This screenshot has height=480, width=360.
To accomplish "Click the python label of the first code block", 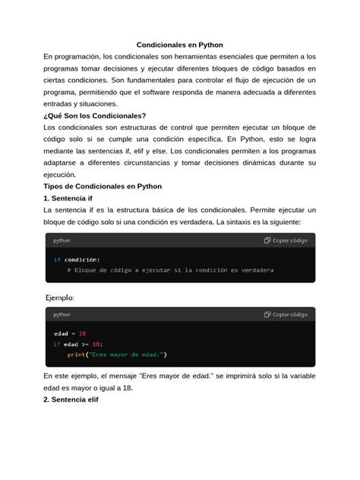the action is [62, 240].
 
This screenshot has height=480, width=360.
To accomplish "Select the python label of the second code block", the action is [62, 314].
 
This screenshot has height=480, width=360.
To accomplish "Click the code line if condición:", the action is [77, 259].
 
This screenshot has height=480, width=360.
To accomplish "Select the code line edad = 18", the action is [70, 333].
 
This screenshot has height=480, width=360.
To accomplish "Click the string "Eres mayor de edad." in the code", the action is [128, 355].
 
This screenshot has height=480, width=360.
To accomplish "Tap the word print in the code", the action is [76, 355].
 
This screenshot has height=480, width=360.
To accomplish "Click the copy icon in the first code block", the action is [267, 240].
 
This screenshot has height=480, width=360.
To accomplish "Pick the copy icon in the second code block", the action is [267, 314].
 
